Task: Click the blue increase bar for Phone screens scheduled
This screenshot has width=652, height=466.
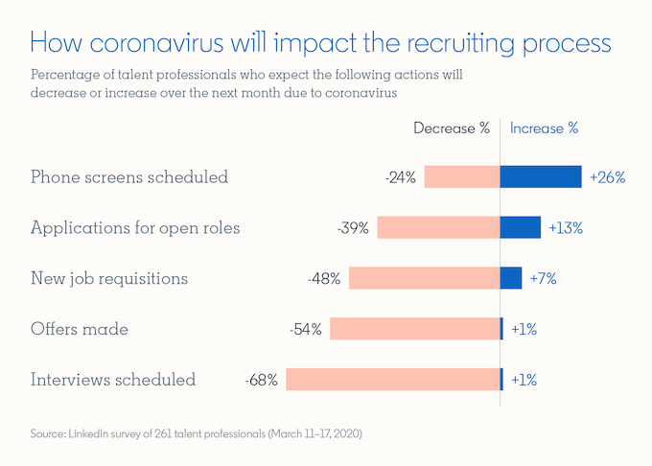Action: click(x=541, y=176)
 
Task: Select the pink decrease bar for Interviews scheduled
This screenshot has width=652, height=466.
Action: click(x=392, y=379)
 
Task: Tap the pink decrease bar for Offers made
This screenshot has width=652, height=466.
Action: click(x=415, y=329)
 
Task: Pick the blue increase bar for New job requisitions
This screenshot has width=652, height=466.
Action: click(x=511, y=278)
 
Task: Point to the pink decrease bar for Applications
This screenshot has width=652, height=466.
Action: click(x=438, y=227)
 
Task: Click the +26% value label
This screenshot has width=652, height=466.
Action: click(x=608, y=177)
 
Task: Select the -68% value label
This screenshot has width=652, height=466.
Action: click(x=261, y=380)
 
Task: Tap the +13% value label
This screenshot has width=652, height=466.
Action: click(x=566, y=228)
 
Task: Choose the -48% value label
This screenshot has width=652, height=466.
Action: click(x=325, y=279)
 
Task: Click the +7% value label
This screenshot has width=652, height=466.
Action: click(x=543, y=279)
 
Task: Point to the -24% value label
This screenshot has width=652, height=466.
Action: click(x=400, y=177)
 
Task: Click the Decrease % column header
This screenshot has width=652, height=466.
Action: click(x=452, y=128)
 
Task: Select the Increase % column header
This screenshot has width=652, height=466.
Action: click(x=544, y=128)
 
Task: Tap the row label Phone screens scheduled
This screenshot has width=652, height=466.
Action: click(x=129, y=177)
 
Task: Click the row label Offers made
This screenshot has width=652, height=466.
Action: click(x=80, y=330)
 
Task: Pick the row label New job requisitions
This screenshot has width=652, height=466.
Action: click(x=109, y=279)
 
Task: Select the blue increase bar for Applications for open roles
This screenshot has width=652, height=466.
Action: click(x=521, y=227)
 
